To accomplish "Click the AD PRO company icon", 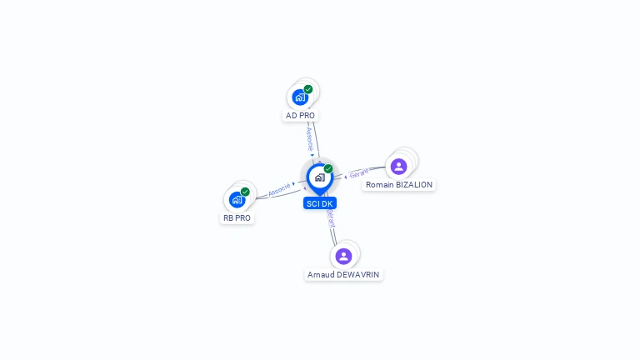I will pos(300,97).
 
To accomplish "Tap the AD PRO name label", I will pos(300,116).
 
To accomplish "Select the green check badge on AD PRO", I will pos(308,89).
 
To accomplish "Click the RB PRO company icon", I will pos(237,199).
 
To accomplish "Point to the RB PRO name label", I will pos(237,218).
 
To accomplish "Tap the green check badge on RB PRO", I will pos(245,192).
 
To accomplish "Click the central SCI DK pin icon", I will pos(319,177).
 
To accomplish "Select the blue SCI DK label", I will pos(320,203).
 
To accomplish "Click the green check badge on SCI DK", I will pos(328,169).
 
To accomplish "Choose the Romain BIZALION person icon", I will pos(399,166).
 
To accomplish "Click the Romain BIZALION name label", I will pos(399,185).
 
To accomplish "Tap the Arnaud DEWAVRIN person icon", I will pos(344,256).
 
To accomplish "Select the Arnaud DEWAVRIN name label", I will pos(344,275).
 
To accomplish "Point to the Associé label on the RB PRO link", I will pos(279,189).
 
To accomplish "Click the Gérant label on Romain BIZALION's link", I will pos(358,174).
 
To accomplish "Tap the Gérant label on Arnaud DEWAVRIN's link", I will pos(331,218).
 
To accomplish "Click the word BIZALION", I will pos(413,185).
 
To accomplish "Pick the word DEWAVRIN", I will pos(357,275).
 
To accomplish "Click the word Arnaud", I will pos(321,275).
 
